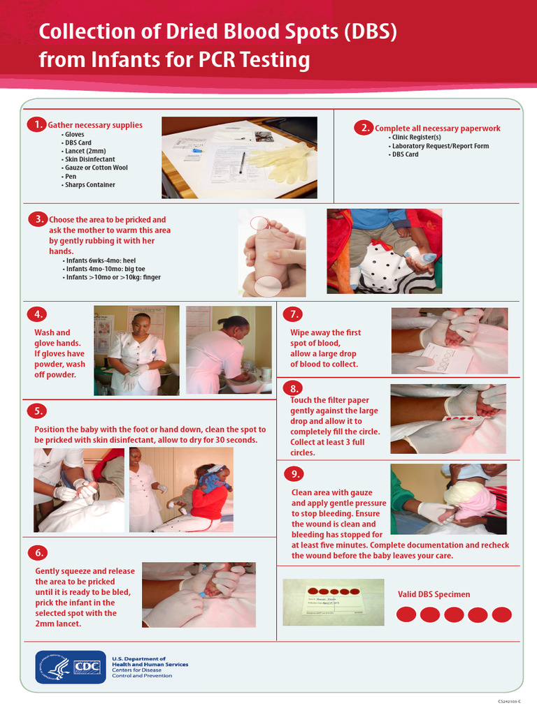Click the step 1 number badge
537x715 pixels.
coord(36,125)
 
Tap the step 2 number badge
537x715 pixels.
coord(363,128)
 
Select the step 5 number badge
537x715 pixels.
coord(38,411)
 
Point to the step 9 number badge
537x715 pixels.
coord(294,474)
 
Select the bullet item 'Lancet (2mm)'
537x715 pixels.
coord(85,152)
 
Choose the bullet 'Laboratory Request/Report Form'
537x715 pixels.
coord(440,146)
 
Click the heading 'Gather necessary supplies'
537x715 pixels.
coord(95,126)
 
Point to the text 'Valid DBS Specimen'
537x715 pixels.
coord(434,594)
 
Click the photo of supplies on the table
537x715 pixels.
coord(239,158)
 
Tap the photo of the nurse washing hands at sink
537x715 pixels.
coord(229,350)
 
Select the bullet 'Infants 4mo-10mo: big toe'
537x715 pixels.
coord(106,269)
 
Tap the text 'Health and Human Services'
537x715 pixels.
coord(150,664)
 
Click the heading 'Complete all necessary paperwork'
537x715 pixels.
coord(438,128)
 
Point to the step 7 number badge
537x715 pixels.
coord(294,314)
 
